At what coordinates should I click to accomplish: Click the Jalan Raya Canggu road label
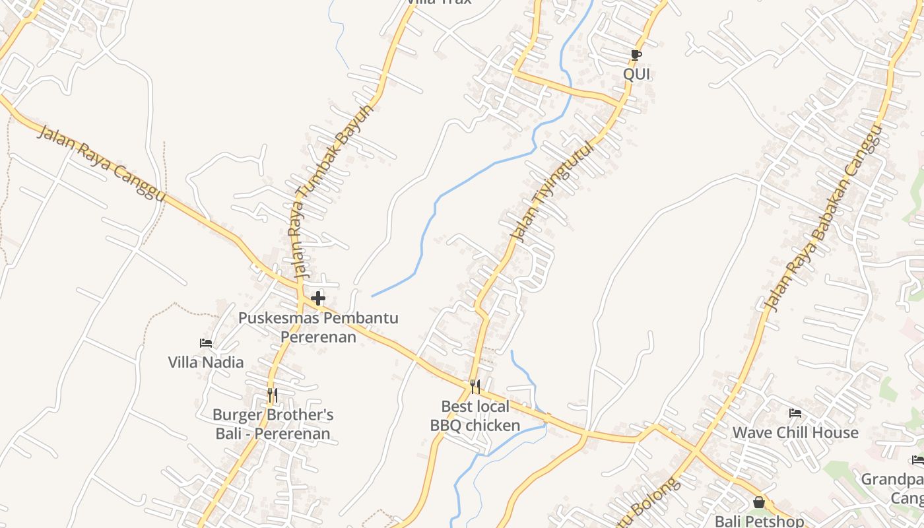coord(100,162)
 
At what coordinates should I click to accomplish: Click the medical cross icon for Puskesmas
coord(318,298)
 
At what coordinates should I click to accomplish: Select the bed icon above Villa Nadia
coord(206,343)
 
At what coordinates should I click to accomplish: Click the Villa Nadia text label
coord(206,362)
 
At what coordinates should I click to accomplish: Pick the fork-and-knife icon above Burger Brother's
coord(272,395)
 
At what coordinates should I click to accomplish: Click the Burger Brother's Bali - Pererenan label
coord(273,424)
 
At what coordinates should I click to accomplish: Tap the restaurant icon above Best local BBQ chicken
coord(475,386)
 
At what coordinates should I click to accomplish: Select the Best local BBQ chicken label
coord(475,416)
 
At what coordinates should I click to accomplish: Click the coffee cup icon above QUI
coord(636,55)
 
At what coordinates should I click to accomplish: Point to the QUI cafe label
coord(637,74)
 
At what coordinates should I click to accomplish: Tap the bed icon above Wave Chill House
coord(795,414)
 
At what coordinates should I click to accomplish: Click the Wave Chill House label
coord(795,433)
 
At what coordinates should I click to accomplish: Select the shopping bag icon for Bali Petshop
coord(759,502)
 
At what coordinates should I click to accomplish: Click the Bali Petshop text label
coord(759,521)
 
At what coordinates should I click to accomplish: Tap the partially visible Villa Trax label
coord(439,3)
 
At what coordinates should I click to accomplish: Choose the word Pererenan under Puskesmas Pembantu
coord(318,337)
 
